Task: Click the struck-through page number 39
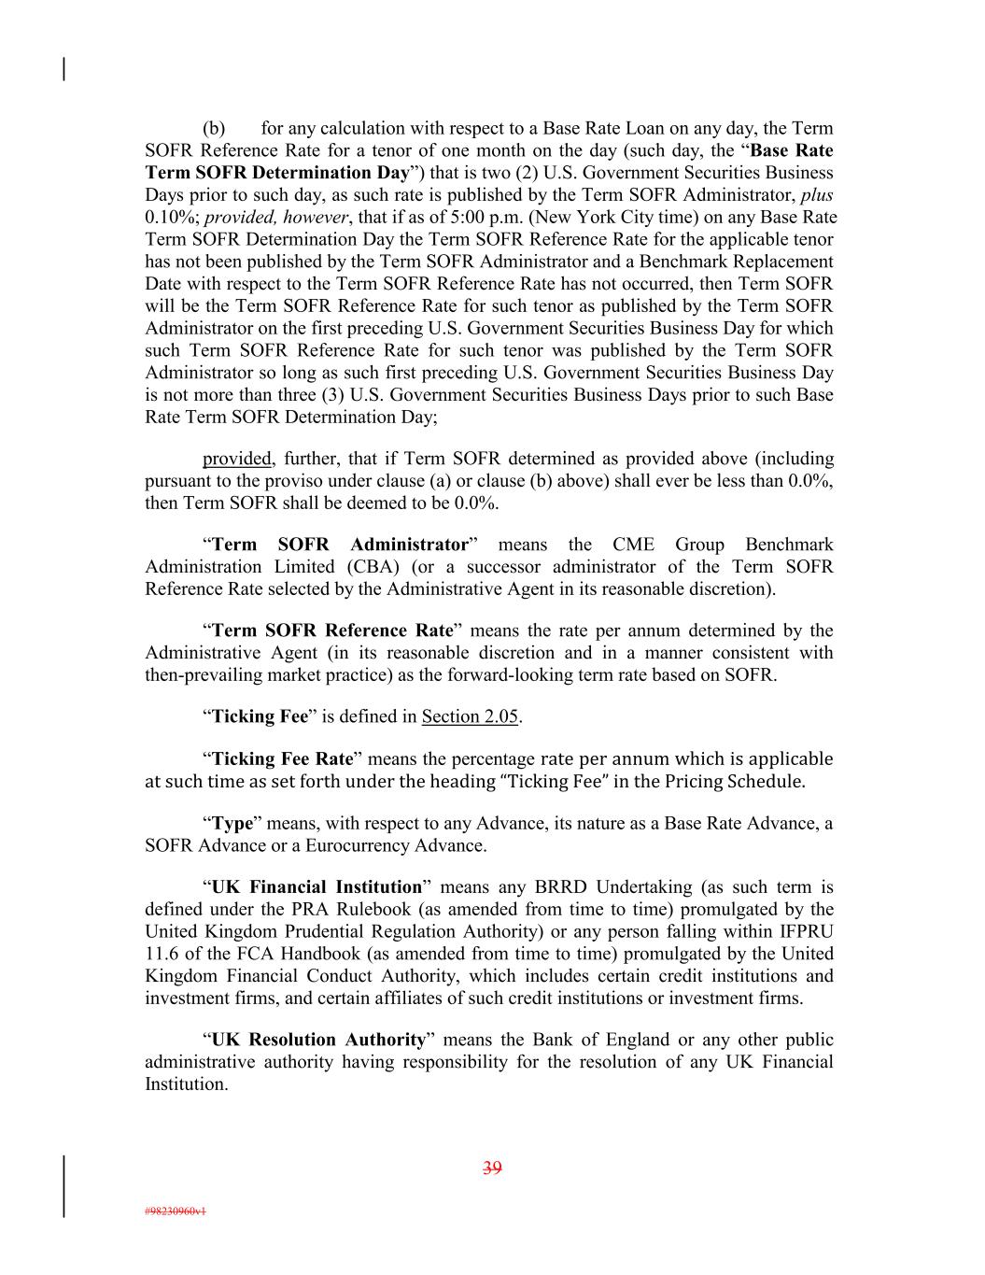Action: [492, 1167]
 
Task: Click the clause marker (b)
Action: [214, 128]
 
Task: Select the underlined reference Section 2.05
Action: [470, 716]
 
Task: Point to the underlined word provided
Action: [237, 459]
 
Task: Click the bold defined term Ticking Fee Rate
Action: [283, 758]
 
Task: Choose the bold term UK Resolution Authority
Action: [318, 1040]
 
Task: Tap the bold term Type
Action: [232, 823]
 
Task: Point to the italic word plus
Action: [817, 194]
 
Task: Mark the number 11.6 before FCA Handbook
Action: [161, 954]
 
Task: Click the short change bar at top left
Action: [63, 69]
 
